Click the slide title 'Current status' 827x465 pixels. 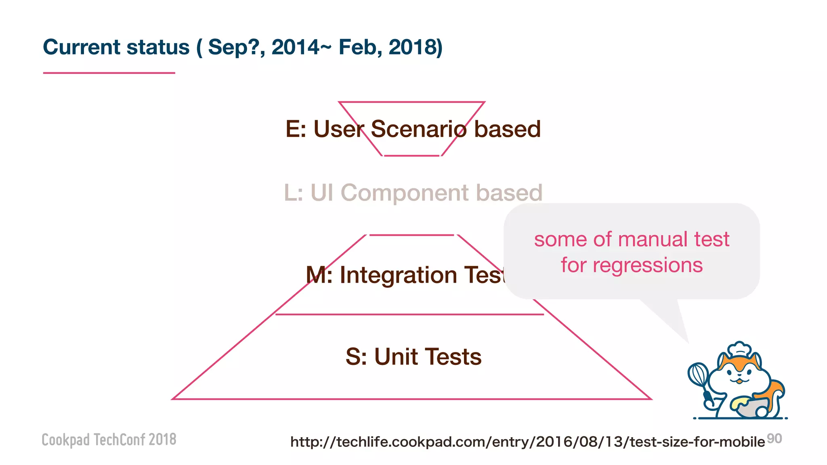click(116, 47)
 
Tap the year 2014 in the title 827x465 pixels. click(296, 47)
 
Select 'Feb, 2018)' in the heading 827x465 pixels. click(390, 47)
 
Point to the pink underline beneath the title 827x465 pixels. click(109, 73)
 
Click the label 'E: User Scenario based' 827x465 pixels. click(413, 129)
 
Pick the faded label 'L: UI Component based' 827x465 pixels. click(413, 193)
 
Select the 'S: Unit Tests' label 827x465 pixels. click(413, 357)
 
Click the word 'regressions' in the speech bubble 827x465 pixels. click(647, 266)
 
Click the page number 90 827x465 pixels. click(775, 438)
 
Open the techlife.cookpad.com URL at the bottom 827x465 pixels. click(527, 442)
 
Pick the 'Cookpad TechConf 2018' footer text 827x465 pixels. click(109, 440)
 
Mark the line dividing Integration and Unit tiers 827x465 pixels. click(409, 314)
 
